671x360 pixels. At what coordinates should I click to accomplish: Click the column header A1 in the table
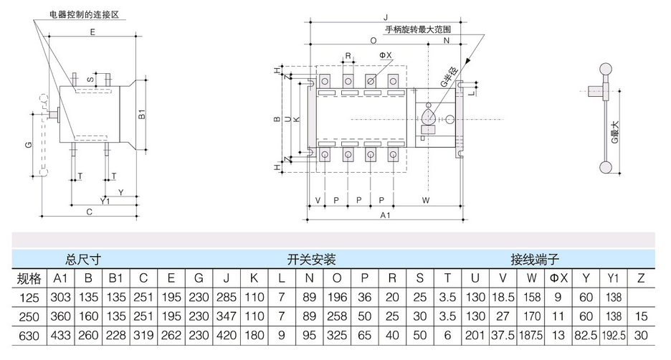[x=61, y=278]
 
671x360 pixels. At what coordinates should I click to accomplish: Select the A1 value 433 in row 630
[x=61, y=334]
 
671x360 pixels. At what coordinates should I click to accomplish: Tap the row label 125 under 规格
[x=29, y=297]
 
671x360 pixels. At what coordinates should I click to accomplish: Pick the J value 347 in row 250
[x=226, y=316]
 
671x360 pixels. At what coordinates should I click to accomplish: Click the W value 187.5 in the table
[x=531, y=334]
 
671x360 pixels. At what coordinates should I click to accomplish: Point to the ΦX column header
[x=558, y=278]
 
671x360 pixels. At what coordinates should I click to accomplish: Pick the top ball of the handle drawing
[x=606, y=69]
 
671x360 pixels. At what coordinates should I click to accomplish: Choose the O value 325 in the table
[x=338, y=334]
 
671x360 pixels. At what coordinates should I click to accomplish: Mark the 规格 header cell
[x=29, y=278]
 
